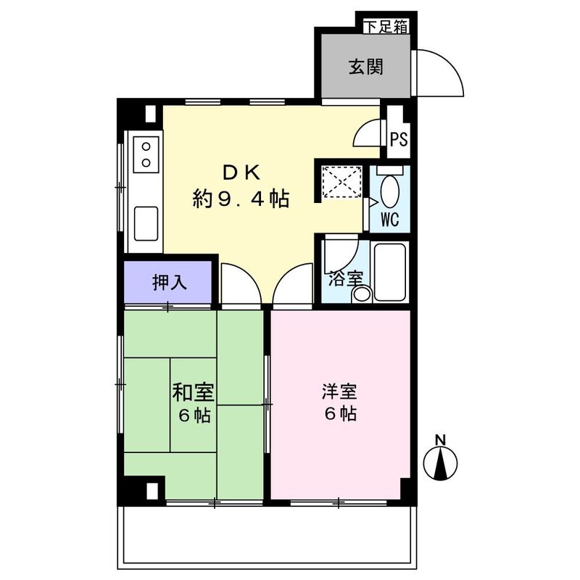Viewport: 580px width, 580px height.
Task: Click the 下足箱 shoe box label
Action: pyautogui.click(x=386, y=27)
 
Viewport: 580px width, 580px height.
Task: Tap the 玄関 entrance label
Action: pyautogui.click(x=366, y=67)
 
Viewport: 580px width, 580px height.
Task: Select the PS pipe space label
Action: pyautogui.click(x=399, y=139)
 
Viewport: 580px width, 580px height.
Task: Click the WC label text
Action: pyautogui.click(x=390, y=220)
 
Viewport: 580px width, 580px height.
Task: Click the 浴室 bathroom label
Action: pyautogui.click(x=346, y=279)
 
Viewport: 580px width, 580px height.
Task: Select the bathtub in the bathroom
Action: pyautogui.click(x=390, y=272)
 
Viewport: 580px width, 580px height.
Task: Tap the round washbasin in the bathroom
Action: pyautogui.click(x=361, y=295)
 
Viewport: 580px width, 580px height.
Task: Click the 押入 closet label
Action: pyautogui.click(x=170, y=283)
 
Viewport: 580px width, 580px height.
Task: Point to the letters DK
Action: pyautogui.click(x=241, y=173)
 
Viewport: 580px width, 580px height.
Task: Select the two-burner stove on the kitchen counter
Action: pyautogui.click(x=146, y=154)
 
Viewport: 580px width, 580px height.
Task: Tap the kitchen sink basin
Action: pyautogui.click(x=146, y=224)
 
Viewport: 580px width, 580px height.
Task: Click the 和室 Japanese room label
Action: pyautogui.click(x=194, y=392)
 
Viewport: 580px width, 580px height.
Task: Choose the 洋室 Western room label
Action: pyautogui.click(x=339, y=392)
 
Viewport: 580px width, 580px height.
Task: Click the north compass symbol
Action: pyautogui.click(x=440, y=463)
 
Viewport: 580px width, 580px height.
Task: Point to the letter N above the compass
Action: pyautogui.click(x=440, y=440)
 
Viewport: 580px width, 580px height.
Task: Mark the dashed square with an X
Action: pyautogui.click(x=341, y=182)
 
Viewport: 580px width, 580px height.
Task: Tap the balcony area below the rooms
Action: pyautogui.click(x=267, y=536)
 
